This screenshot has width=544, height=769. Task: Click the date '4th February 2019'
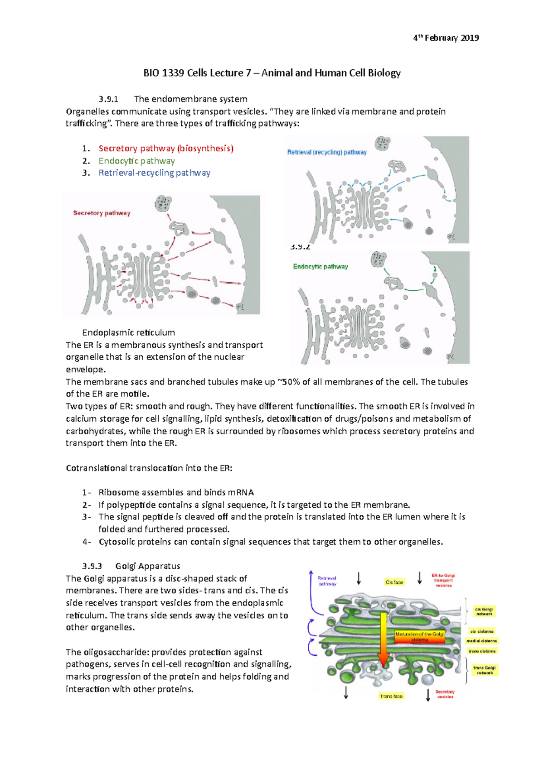tap(446, 38)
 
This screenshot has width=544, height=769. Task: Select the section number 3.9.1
tap(108, 99)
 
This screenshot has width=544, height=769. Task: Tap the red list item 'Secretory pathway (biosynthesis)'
tap(166, 149)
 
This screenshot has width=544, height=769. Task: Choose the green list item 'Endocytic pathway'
tap(136, 161)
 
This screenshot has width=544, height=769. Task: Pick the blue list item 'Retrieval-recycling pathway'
tap(154, 173)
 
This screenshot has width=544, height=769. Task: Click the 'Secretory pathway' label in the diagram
tap(102, 213)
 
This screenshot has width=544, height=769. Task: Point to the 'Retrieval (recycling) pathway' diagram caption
tap(327, 152)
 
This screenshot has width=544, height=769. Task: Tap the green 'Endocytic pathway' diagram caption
tap(320, 266)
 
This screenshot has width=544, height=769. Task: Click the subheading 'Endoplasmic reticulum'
tap(128, 332)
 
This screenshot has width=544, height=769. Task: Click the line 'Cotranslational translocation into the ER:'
tap(149, 468)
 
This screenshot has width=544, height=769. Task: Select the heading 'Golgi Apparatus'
tap(148, 566)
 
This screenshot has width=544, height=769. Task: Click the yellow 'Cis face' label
tap(394, 582)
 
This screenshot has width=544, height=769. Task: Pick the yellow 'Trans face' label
tap(391, 696)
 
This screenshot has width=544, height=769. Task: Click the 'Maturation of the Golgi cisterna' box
tap(419, 636)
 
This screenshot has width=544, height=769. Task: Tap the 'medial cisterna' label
tap(481, 641)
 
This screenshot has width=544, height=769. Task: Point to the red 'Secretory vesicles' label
tap(445, 694)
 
